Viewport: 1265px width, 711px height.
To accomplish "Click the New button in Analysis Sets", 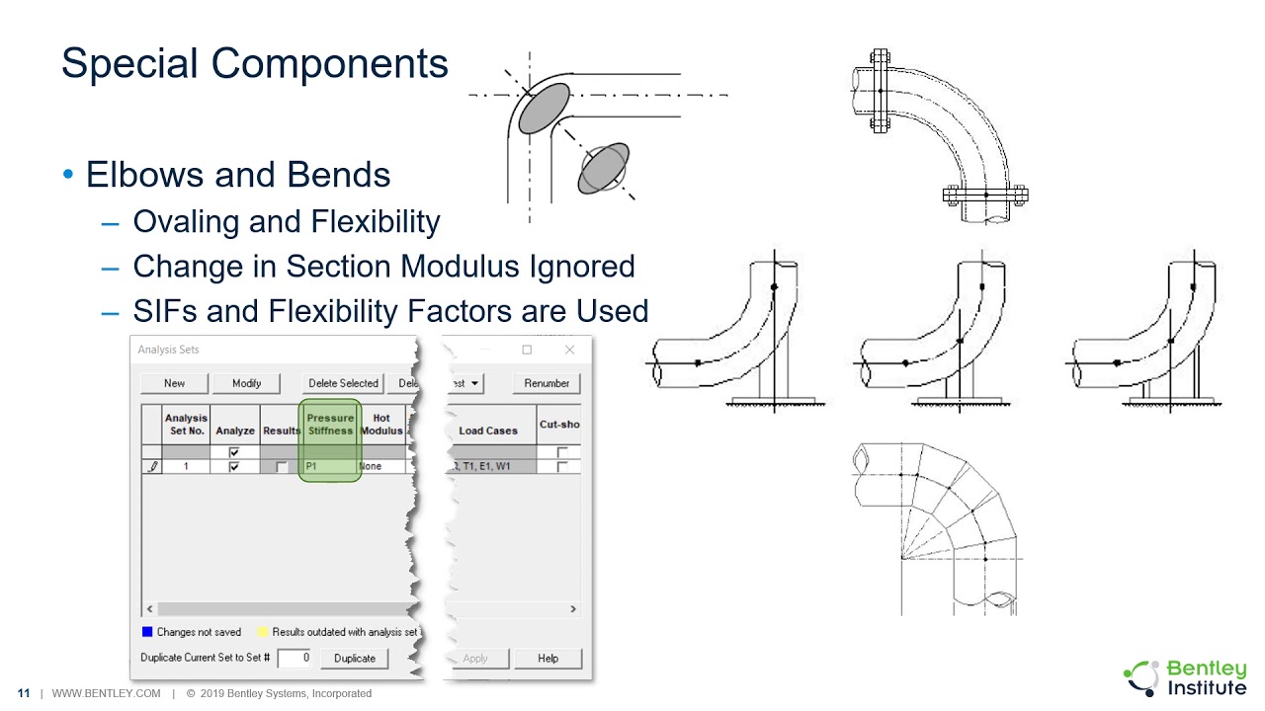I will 174,383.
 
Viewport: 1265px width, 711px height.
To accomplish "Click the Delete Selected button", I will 343,383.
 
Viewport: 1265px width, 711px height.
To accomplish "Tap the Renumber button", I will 547,383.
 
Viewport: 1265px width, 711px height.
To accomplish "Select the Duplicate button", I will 354,658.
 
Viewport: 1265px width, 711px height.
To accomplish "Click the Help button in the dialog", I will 548,658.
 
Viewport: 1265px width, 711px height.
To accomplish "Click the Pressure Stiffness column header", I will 330,425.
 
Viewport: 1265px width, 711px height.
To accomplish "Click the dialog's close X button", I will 569,350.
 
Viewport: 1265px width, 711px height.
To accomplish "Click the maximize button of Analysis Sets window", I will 527,350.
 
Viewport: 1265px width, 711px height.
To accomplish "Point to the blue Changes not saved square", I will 147,632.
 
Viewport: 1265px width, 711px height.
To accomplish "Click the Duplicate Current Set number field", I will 294,658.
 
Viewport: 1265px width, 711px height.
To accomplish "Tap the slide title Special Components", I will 254,64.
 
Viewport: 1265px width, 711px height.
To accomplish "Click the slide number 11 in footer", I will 23,693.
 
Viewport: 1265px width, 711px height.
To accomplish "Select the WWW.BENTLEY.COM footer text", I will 106,693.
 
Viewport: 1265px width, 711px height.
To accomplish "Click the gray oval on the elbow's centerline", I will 545,108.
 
